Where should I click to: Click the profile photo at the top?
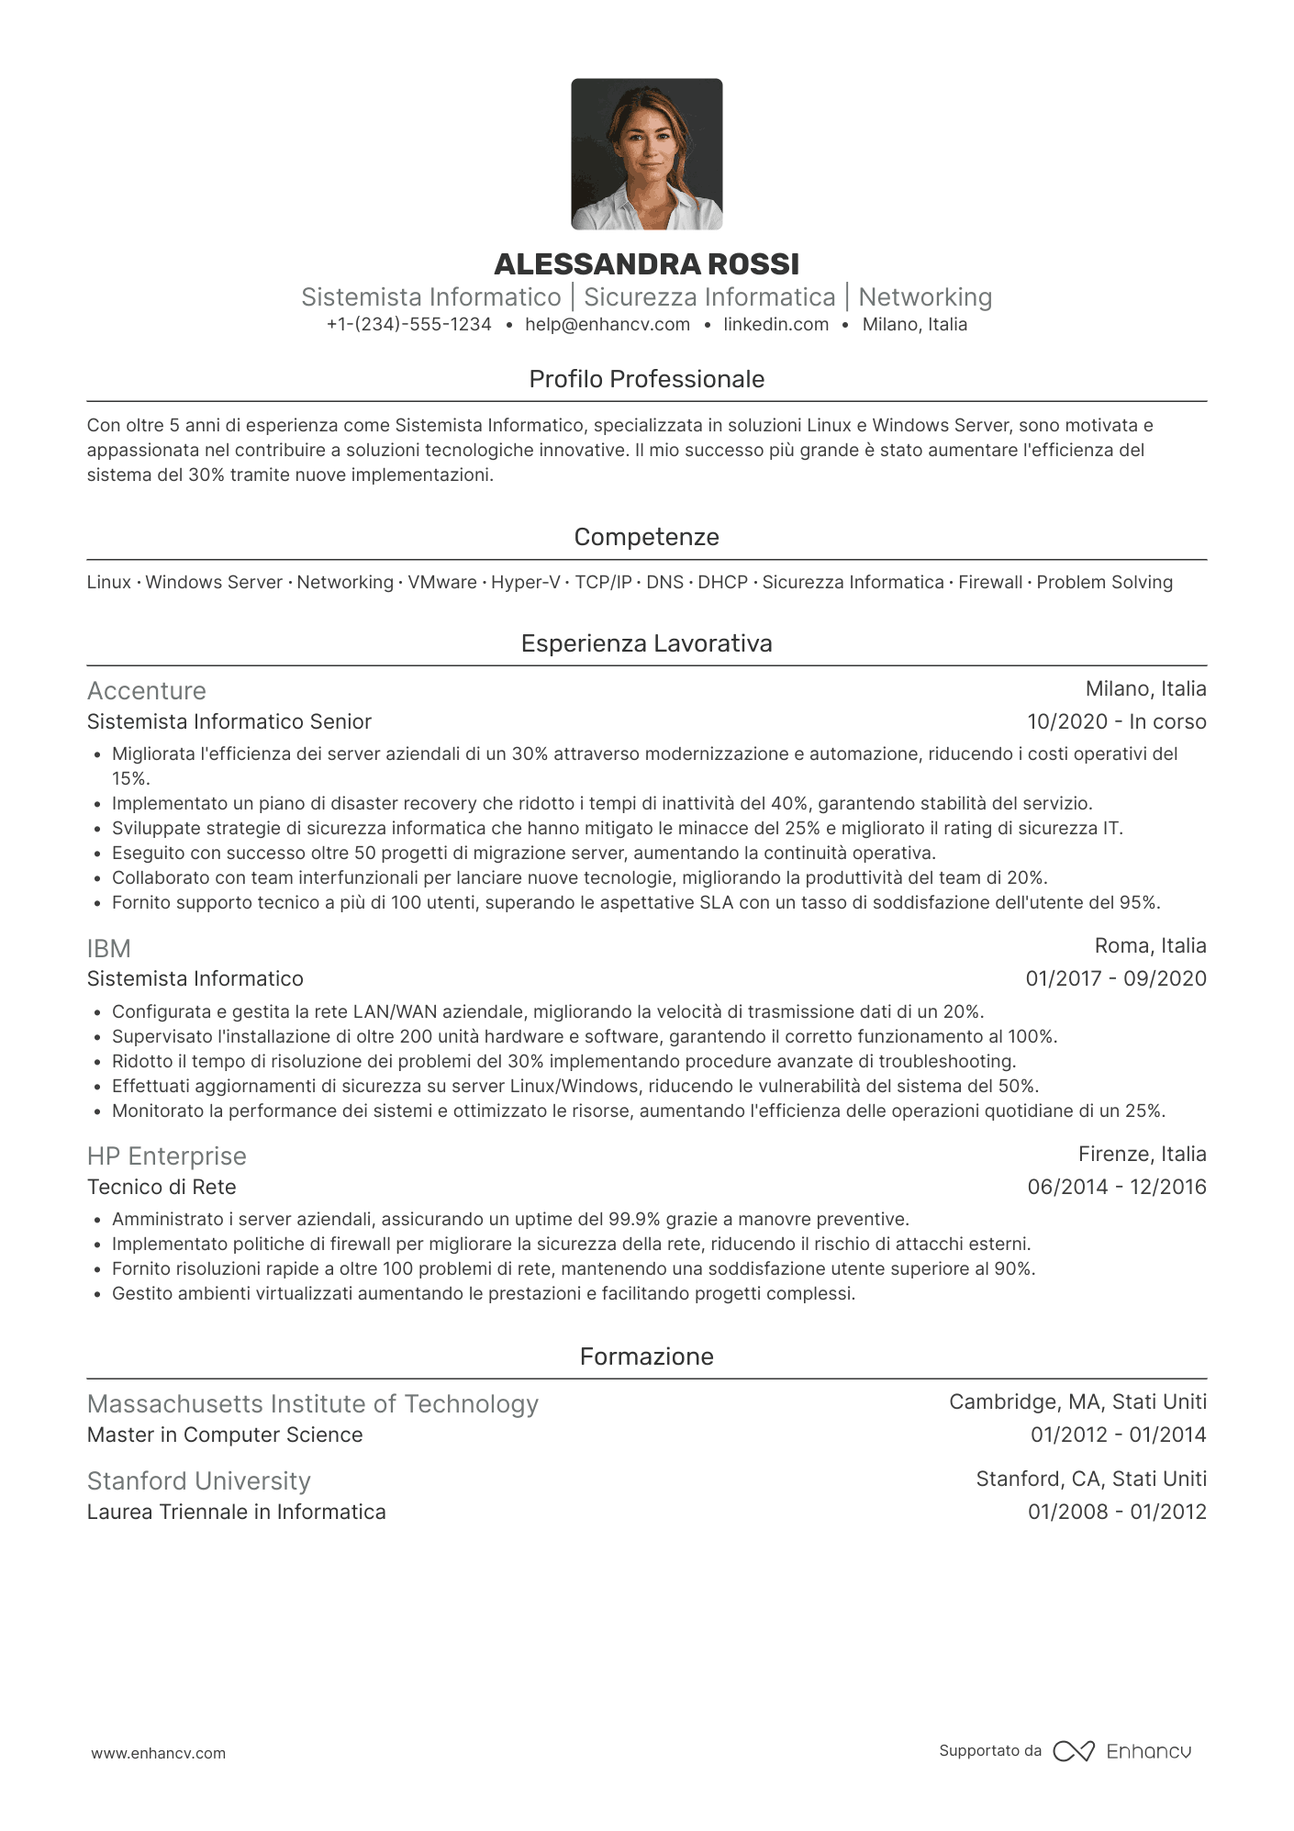pyautogui.click(x=646, y=154)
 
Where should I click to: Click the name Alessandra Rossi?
pyautogui.click(x=646, y=264)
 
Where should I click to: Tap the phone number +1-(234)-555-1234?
pyautogui.click(x=408, y=324)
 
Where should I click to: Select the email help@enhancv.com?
pyautogui.click(x=608, y=324)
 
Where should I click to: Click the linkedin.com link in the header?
pyautogui.click(x=775, y=324)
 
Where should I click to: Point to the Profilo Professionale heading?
pyautogui.click(x=646, y=379)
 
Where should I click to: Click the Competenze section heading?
pyautogui.click(x=646, y=537)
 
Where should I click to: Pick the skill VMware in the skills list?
pyautogui.click(x=442, y=582)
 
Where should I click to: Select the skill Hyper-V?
pyautogui.click(x=525, y=582)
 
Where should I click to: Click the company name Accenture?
pyautogui.click(x=147, y=690)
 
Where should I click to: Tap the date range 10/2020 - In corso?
pyautogui.click(x=1116, y=721)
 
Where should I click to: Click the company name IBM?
pyautogui.click(x=109, y=948)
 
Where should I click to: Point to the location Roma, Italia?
pyautogui.click(x=1150, y=945)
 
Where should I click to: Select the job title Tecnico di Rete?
pyautogui.click(x=162, y=1187)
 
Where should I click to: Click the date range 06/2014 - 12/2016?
pyautogui.click(x=1116, y=1187)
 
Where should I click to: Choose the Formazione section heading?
pyautogui.click(x=646, y=1357)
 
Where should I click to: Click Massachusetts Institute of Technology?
pyautogui.click(x=313, y=1403)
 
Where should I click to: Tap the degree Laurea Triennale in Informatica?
pyautogui.click(x=237, y=1512)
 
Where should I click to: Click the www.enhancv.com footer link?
pyautogui.click(x=158, y=1753)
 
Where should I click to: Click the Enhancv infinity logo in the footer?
pyautogui.click(x=1073, y=1751)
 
